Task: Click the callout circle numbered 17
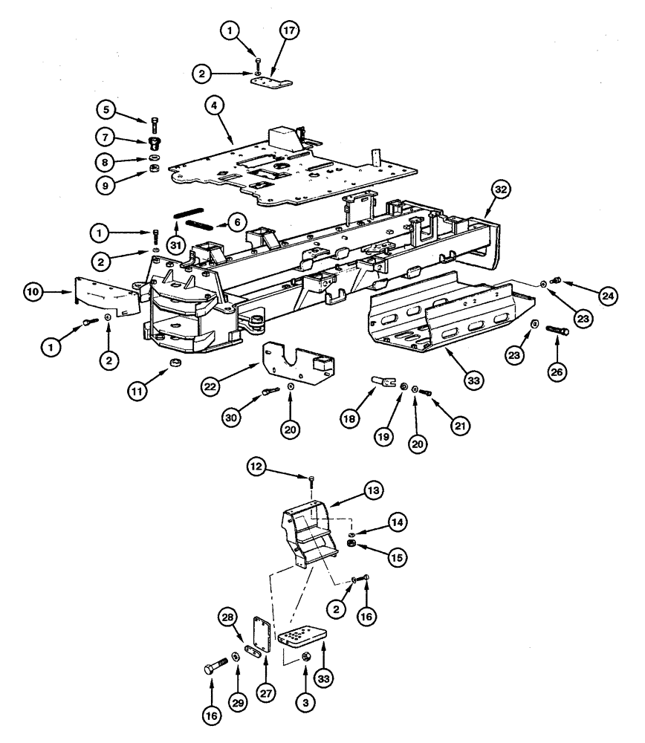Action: (288, 31)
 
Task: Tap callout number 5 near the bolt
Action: (106, 108)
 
